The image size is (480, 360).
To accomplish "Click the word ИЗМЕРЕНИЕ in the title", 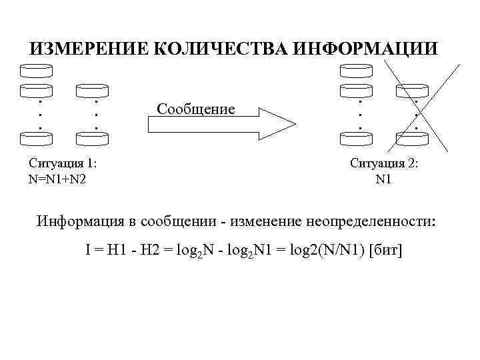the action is (88, 49).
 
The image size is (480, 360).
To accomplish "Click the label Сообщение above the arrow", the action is (195, 108).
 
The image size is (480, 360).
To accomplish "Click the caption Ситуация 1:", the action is (64, 164).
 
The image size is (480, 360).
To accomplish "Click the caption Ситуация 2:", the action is (383, 164).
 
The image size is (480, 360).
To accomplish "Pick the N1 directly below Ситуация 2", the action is (384, 179).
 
